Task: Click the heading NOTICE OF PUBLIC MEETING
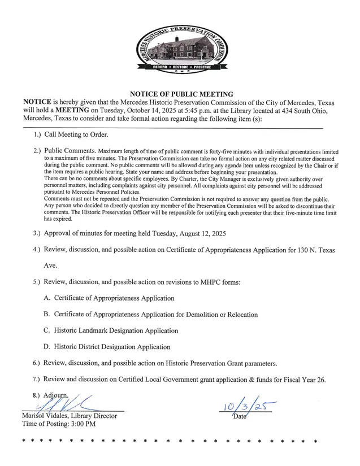(x=181, y=94)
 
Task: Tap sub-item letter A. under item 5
(x=47, y=298)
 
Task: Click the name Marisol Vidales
(x=45, y=416)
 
